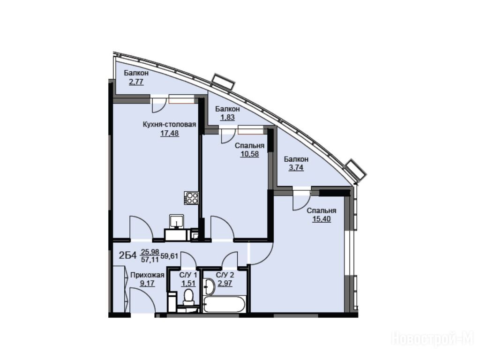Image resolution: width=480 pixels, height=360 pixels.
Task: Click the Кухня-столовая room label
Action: pyautogui.click(x=169, y=125)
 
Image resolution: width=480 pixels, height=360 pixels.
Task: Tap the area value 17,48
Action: pyautogui.click(x=169, y=133)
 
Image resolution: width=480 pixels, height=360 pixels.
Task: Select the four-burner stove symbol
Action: pyautogui.click(x=191, y=198)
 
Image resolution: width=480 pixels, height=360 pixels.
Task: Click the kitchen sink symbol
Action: pyautogui.click(x=177, y=222)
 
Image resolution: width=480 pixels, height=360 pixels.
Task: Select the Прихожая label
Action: pyautogui.click(x=147, y=275)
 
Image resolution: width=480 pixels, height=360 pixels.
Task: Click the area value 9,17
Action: pyautogui.click(x=147, y=284)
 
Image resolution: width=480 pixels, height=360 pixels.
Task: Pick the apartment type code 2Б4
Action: pyautogui.click(x=127, y=255)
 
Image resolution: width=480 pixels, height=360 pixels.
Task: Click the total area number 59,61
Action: pyautogui.click(x=169, y=256)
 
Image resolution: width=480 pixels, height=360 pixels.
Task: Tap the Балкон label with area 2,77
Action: pyautogui.click(x=136, y=73)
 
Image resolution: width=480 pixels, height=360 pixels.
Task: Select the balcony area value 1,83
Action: pyautogui.click(x=227, y=117)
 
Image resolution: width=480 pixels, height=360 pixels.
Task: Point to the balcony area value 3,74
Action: pyautogui.click(x=296, y=167)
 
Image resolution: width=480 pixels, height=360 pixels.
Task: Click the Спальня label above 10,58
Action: pyautogui.click(x=249, y=146)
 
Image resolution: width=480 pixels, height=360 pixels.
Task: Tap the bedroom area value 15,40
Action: pyautogui.click(x=322, y=219)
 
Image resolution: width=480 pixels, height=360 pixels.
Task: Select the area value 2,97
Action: pyautogui.click(x=225, y=283)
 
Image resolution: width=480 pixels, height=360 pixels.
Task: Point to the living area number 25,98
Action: pyautogui.click(x=150, y=252)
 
